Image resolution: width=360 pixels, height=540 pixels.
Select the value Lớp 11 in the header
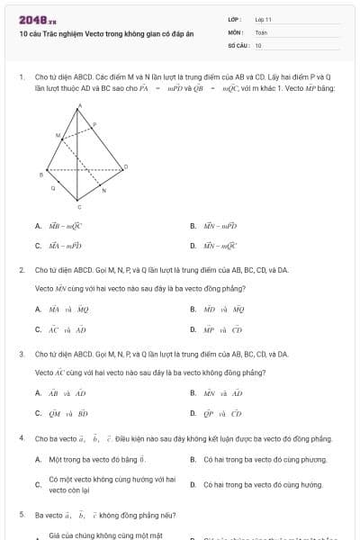264,19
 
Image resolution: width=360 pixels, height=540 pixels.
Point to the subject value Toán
261,31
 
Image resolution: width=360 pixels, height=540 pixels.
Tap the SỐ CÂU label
237,44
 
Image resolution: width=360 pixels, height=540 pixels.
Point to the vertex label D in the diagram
126,166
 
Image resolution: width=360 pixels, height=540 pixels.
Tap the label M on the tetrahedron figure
59,136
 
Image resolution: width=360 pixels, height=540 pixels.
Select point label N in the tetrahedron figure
103,191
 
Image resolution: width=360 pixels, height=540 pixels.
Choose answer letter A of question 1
38,227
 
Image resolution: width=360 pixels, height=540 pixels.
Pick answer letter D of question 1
193,245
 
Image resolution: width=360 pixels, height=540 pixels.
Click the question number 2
21,269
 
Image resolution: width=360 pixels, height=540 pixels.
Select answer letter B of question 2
193,309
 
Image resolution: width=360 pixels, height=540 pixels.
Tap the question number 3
21,354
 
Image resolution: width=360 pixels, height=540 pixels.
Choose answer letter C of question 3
38,413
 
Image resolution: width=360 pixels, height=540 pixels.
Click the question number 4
21,437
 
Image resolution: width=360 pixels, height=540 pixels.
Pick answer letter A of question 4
38,459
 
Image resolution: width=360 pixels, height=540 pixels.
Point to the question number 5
21,515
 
